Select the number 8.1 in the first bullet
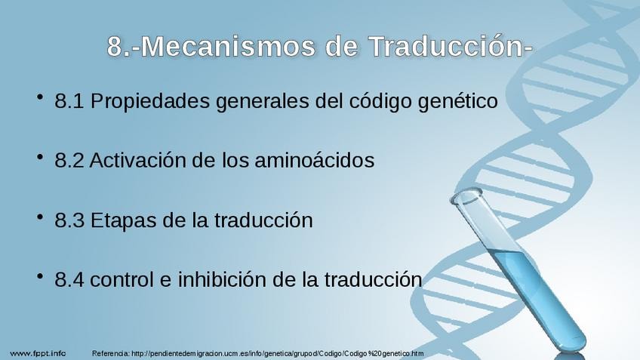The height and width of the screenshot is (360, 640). pos(69,101)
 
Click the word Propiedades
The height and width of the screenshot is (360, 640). pos(149,101)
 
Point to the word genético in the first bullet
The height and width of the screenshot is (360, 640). pos(457,101)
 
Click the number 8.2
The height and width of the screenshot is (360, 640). pos(69,161)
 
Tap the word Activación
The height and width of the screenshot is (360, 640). pos(137,160)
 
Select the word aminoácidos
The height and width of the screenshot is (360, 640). pos(314,160)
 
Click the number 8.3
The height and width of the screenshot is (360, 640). pos(69,220)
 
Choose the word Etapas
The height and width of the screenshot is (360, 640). pos(123,221)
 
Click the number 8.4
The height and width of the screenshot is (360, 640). pos(69,280)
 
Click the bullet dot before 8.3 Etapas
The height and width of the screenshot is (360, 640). pos(39,217)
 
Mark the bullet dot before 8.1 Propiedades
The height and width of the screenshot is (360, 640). pos(39,97)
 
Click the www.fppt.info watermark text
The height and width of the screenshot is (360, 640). pos(38,353)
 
